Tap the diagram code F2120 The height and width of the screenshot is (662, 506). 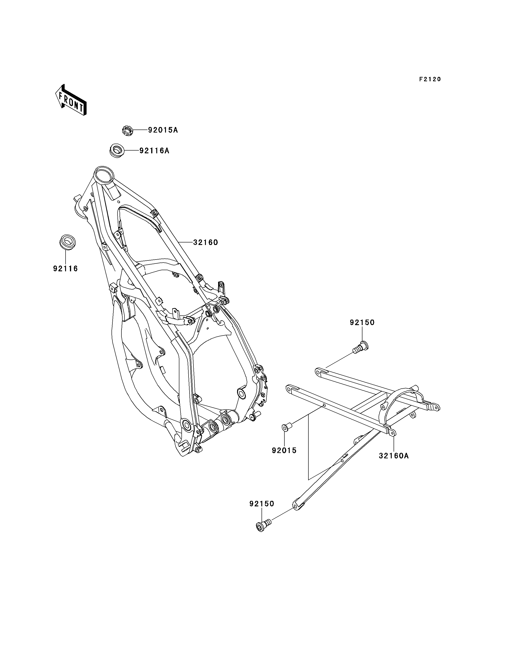tap(430, 79)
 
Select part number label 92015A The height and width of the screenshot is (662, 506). tap(163, 130)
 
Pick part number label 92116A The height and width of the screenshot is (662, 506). tap(154, 151)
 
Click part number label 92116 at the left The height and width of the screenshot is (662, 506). tap(66, 269)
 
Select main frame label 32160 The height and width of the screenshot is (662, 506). tap(205, 242)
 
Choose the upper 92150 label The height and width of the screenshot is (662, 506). tap(362, 322)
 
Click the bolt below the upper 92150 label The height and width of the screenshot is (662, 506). tap(361, 347)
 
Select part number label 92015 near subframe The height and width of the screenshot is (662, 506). tap(284, 459)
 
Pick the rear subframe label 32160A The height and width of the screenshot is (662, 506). tap(394, 456)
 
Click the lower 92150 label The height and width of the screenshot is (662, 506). tap(262, 504)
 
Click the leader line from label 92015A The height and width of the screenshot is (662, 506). tap(140, 130)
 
